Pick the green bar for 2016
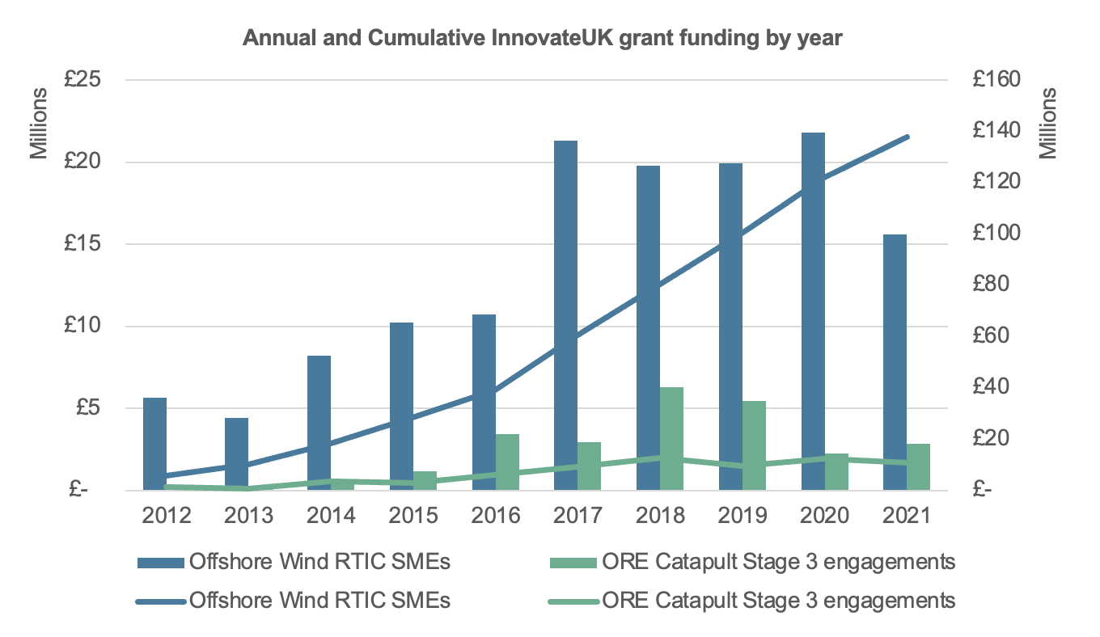click(x=507, y=462)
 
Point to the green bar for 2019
click(x=754, y=445)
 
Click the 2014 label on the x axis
click(x=331, y=516)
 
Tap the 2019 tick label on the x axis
click(x=742, y=516)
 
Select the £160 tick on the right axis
click(x=999, y=80)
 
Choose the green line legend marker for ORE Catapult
click(x=573, y=601)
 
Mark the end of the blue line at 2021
click(x=908, y=137)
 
